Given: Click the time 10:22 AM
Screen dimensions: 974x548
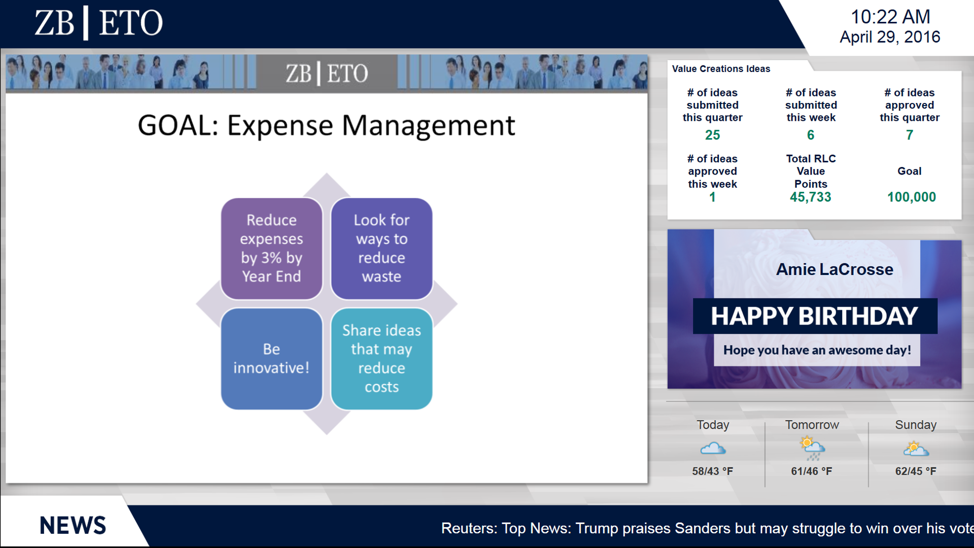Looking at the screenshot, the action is coord(890,17).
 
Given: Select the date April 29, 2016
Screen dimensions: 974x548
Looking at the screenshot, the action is coord(890,37).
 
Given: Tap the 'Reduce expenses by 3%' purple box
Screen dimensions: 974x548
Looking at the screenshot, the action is coord(271,249).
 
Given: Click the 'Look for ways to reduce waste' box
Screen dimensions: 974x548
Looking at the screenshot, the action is coord(381,249).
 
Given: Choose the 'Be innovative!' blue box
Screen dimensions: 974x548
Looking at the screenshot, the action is coord(271,359).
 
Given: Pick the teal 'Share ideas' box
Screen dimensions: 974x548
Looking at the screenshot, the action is coord(381,359).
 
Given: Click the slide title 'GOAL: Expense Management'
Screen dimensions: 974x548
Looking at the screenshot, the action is coord(326,125).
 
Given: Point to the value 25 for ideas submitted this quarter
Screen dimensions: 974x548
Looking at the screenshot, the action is coord(712,135).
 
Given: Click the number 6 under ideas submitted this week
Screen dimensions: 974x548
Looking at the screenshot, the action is coord(811,135).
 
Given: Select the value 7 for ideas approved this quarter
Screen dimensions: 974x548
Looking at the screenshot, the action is coord(910,135).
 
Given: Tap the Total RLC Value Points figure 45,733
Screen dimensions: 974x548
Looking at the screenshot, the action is coord(811,197).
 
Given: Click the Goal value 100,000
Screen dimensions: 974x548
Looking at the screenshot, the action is coord(911,197).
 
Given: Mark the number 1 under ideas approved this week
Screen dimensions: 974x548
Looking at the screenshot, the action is coord(712,197).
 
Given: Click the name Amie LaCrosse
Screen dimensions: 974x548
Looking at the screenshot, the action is coord(834,269).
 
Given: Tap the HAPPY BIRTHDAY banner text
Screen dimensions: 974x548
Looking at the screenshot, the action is coord(814,316).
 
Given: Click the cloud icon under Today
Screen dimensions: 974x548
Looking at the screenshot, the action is coord(713,448).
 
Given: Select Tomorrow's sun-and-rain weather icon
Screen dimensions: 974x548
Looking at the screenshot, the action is coord(812,448).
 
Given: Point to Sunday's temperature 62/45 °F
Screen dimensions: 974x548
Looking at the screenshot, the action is coord(916,471).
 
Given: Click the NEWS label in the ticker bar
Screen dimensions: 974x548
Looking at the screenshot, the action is coord(73,526).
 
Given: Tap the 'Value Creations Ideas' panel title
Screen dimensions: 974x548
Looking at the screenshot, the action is coord(721,69).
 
